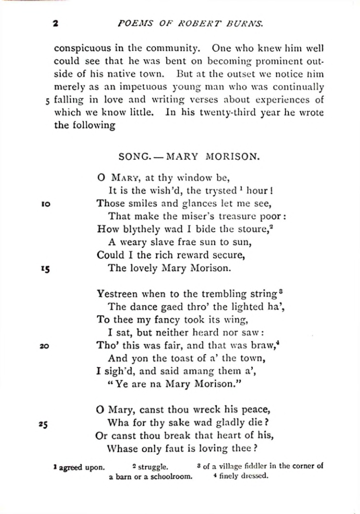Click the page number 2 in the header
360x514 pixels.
(56, 23)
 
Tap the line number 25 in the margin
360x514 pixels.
(44, 423)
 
